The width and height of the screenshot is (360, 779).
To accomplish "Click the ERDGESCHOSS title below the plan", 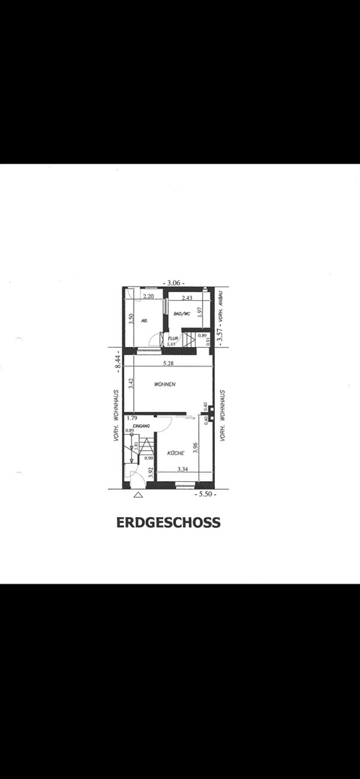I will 168,522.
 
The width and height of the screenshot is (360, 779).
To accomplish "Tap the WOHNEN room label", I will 165,384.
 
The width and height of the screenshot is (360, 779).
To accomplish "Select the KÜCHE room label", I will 176,453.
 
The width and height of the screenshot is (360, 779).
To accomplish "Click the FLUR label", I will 173,337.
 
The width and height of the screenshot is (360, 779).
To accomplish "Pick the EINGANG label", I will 141,426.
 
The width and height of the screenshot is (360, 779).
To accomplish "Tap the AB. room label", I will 144,320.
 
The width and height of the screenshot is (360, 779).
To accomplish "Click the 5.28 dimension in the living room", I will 168,363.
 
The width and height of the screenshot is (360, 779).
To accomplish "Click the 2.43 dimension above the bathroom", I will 187,297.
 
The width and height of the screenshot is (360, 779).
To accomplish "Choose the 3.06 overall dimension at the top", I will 174,283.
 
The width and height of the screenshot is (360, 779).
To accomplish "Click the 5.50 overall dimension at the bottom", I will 206,495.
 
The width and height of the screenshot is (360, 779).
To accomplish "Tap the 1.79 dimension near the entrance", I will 131,418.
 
